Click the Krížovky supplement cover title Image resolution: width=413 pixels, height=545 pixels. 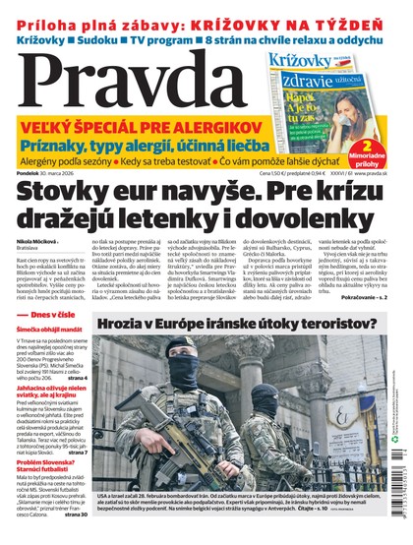(x=304, y=62)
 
